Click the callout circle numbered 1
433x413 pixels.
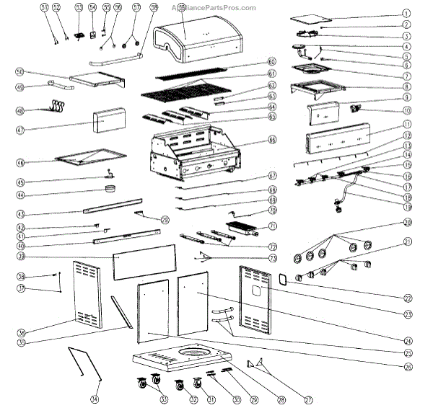[406, 13]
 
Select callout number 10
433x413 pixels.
[406, 110]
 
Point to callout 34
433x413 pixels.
[94, 398]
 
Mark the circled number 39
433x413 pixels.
[21, 257]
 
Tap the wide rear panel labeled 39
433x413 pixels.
[144, 257]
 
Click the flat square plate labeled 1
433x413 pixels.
[312, 19]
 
